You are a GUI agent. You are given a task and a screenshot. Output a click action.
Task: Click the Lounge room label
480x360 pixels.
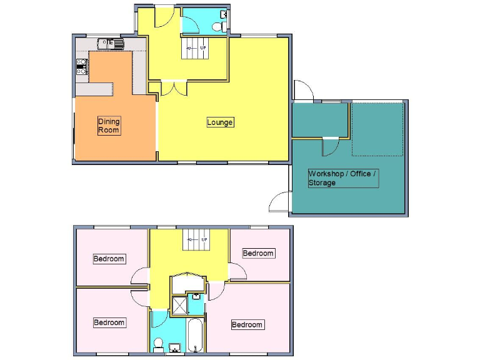pos(220,122)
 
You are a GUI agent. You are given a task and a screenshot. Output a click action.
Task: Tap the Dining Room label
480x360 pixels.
pos(109,126)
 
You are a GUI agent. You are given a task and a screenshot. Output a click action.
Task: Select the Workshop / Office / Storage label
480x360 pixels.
pos(342,178)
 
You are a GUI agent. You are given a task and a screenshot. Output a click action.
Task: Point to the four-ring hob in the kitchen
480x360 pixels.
pos(81,66)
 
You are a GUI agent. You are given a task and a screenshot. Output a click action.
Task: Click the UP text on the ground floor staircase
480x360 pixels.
pos(203,47)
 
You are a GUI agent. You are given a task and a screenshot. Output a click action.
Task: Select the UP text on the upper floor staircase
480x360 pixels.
pos(203,239)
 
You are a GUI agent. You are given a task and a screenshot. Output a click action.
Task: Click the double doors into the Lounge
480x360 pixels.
pos(173,88)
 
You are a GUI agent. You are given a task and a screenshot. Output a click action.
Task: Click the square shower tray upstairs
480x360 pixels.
pos(179,304)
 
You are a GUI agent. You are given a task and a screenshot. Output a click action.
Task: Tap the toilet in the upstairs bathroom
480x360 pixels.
pos(159,344)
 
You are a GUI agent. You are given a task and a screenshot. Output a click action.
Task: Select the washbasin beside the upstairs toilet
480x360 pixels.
pos(175,347)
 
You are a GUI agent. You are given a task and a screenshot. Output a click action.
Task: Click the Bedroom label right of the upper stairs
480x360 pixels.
pos(258,253)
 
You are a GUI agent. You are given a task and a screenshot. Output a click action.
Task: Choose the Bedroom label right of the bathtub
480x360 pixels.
pos(247,324)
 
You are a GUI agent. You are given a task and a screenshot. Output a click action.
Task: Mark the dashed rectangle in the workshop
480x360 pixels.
pos(377,129)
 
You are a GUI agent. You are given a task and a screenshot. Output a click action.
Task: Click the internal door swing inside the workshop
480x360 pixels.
pos(329,146)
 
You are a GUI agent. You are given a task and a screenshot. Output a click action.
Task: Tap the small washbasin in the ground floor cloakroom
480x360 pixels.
pos(224,14)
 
